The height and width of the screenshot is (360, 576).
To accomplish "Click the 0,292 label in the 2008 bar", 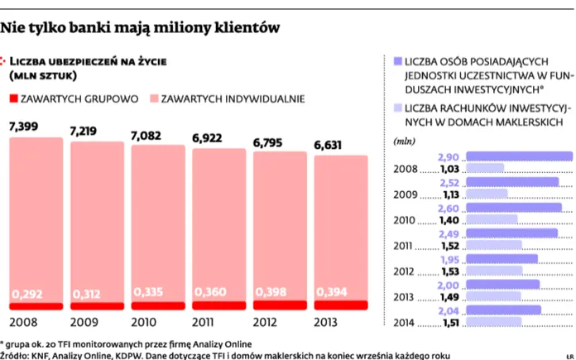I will coord(28,294).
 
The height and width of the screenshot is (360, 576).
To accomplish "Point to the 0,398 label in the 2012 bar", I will coord(273,294).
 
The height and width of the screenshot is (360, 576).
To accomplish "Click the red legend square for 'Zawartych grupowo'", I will coord(13,98).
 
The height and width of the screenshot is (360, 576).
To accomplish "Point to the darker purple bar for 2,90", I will coord(520,156).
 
